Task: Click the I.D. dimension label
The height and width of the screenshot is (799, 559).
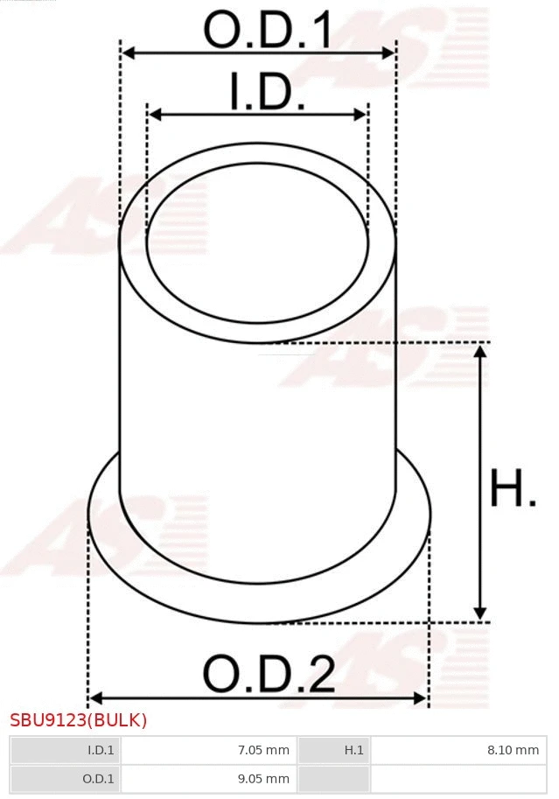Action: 267,92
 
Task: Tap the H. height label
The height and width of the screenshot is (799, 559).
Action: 513,489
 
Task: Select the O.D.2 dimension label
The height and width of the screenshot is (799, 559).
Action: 269,675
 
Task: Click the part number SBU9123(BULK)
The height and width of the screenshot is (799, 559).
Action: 79,721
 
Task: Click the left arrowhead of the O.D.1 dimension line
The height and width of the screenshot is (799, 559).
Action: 127,53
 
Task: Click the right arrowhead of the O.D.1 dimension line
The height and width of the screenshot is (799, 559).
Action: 390,53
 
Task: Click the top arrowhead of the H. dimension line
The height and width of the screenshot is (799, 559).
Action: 479,350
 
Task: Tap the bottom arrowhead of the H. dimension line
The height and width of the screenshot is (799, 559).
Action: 479,614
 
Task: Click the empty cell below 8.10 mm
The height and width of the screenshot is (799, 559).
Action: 458,778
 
